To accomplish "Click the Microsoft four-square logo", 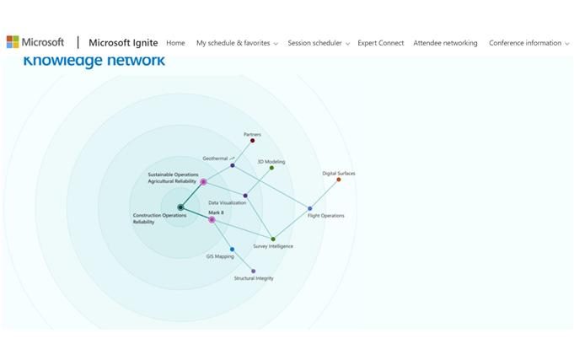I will (13, 42).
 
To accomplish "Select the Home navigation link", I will (175, 43).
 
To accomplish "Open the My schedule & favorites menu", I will (236, 43).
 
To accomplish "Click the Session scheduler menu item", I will (318, 43).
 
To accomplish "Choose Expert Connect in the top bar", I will (380, 43).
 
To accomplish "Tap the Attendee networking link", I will (445, 43).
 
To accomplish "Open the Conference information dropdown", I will (528, 43).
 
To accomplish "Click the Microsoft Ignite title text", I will (123, 43).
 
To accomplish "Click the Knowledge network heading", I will (94, 61).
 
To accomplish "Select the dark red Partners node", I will (252, 141).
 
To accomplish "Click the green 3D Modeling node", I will (271, 168).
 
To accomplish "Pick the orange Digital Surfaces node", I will (339, 180).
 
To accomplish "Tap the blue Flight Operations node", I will (309, 208).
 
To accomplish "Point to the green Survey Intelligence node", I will (273, 239).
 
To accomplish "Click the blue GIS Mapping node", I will (232, 250).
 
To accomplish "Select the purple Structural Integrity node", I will (253, 271).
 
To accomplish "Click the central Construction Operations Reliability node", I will (180, 207).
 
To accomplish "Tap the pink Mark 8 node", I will (212, 220).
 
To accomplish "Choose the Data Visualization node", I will (245, 196).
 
